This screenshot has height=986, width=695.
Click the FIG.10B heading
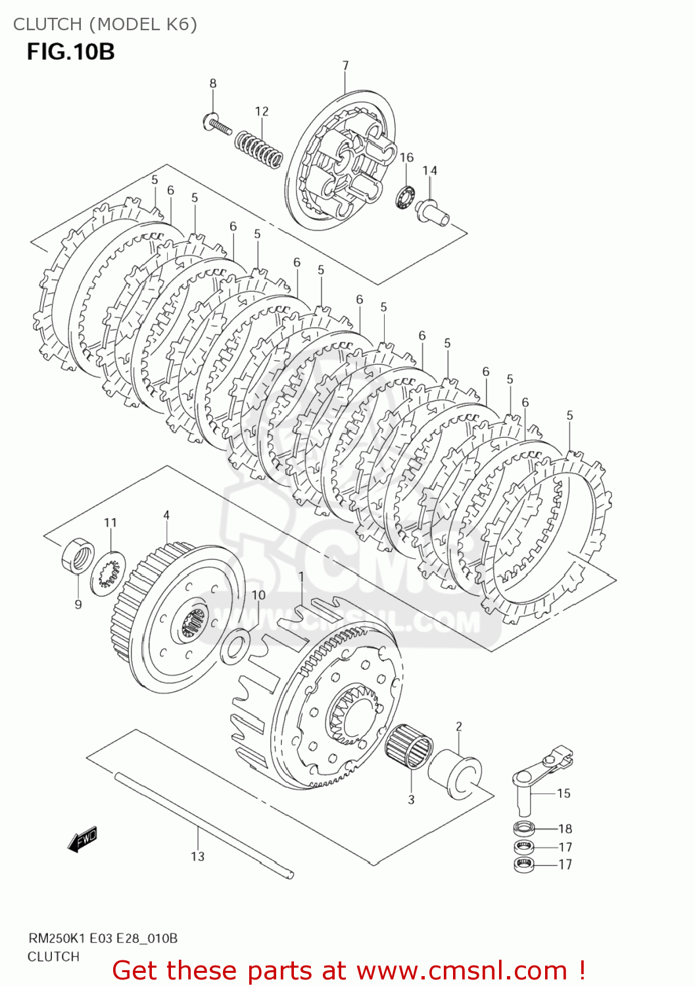click(x=70, y=51)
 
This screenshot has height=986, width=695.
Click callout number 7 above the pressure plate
click(x=345, y=65)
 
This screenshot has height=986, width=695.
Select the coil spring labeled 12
click(x=259, y=149)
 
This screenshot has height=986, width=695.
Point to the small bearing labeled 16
click(x=404, y=197)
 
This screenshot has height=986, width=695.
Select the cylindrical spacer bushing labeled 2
click(x=455, y=774)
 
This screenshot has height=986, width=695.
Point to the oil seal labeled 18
click(x=524, y=828)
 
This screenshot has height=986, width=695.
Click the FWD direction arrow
click(x=83, y=839)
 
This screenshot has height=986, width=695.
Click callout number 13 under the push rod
click(x=198, y=856)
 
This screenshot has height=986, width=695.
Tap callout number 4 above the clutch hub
click(x=166, y=515)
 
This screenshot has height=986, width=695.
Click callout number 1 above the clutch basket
click(x=301, y=576)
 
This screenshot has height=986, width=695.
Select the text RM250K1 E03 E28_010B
click(x=102, y=938)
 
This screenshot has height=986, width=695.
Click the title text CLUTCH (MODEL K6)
click(x=105, y=24)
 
